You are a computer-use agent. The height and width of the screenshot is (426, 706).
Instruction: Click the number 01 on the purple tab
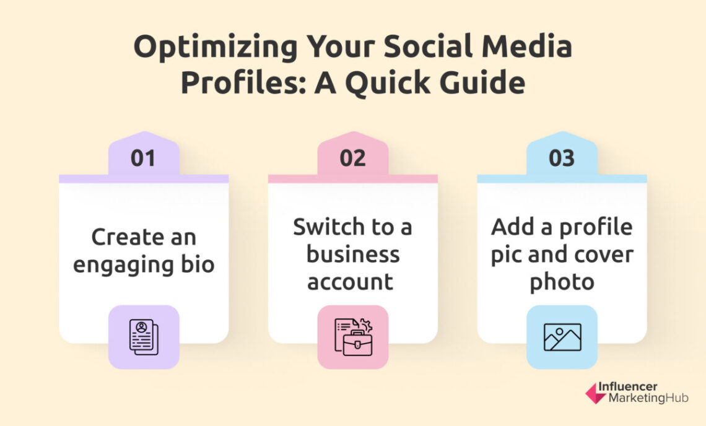[143, 159]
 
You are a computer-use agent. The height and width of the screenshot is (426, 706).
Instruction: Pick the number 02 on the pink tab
[352, 159]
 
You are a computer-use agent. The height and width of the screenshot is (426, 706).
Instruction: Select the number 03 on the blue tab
[562, 159]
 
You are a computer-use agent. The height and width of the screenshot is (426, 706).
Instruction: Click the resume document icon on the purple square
[144, 337]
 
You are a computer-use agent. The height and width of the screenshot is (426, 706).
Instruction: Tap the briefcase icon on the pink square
[353, 337]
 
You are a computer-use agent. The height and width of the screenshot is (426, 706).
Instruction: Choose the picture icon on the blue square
[562, 337]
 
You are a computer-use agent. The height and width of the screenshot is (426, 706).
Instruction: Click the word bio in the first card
[198, 264]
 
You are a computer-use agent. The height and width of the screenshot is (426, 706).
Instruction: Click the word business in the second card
[352, 254]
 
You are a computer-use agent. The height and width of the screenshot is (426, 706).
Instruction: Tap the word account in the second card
[351, 282]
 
